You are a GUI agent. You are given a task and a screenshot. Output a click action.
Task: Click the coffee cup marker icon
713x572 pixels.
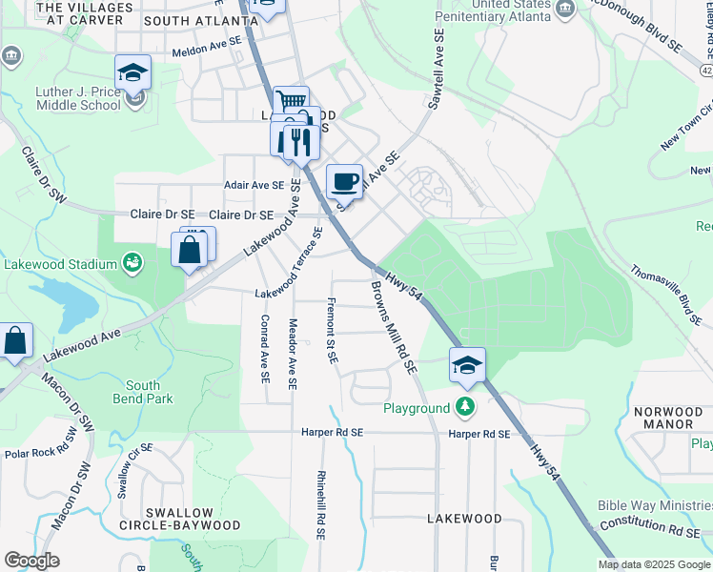click(x=344, y=180)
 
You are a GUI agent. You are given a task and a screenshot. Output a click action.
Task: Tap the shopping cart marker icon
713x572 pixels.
click(x=291, y=102)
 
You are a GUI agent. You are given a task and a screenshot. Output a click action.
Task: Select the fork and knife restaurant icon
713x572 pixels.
click(x=301, y=141)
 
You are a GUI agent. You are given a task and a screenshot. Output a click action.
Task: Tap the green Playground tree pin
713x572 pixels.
click(x=464, y=407)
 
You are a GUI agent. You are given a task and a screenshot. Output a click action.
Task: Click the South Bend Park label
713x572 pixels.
click(x=143, y=392)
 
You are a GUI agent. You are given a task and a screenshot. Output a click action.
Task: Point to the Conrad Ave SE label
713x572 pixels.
click(x=265, y=349)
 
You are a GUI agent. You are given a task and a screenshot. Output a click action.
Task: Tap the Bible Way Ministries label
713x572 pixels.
click(x=654, y=506)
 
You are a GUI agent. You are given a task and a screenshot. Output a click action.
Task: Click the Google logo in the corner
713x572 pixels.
click(x=31, y=561)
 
